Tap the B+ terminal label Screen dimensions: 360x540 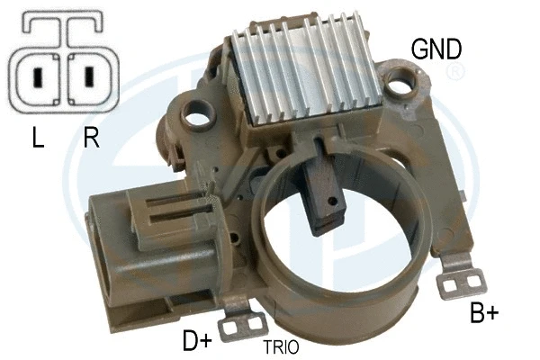click(484, 314)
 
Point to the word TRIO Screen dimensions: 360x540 click(281, 346)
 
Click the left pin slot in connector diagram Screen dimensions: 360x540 click(37, 77)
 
